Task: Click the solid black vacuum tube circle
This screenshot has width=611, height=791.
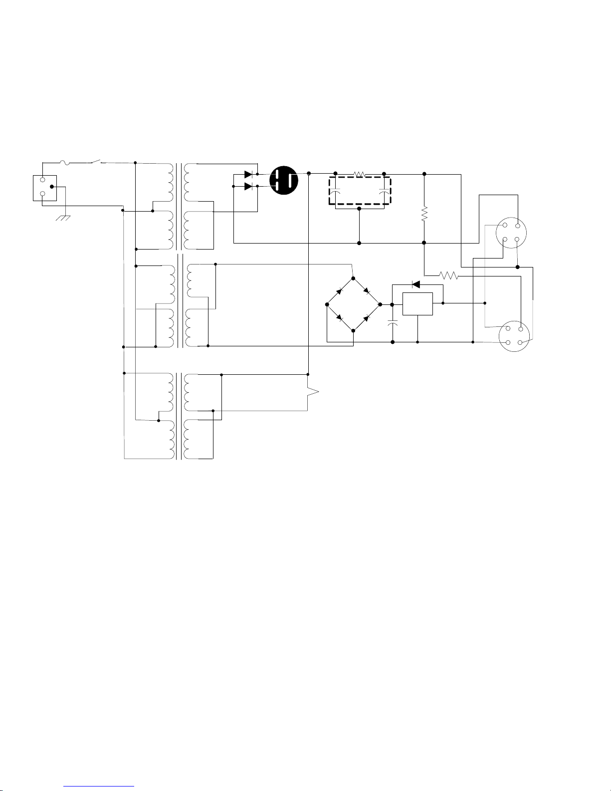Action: [284, 181]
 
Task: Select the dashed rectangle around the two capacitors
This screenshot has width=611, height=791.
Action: [360, 191]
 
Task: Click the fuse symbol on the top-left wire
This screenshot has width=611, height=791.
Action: [66, 162]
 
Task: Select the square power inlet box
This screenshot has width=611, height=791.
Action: [44, 188]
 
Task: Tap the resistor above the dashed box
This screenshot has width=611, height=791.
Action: [360, 174]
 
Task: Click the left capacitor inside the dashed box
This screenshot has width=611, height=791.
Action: [336, 192]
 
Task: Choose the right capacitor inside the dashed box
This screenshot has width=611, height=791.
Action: [384, 192]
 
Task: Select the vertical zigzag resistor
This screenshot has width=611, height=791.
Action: [424, 215]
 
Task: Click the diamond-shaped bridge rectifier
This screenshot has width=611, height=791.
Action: [353, 304]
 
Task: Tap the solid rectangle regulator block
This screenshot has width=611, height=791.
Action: [417, 304]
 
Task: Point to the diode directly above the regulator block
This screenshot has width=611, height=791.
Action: [415, 284]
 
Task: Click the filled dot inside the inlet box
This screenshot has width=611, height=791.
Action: [51, 187]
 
